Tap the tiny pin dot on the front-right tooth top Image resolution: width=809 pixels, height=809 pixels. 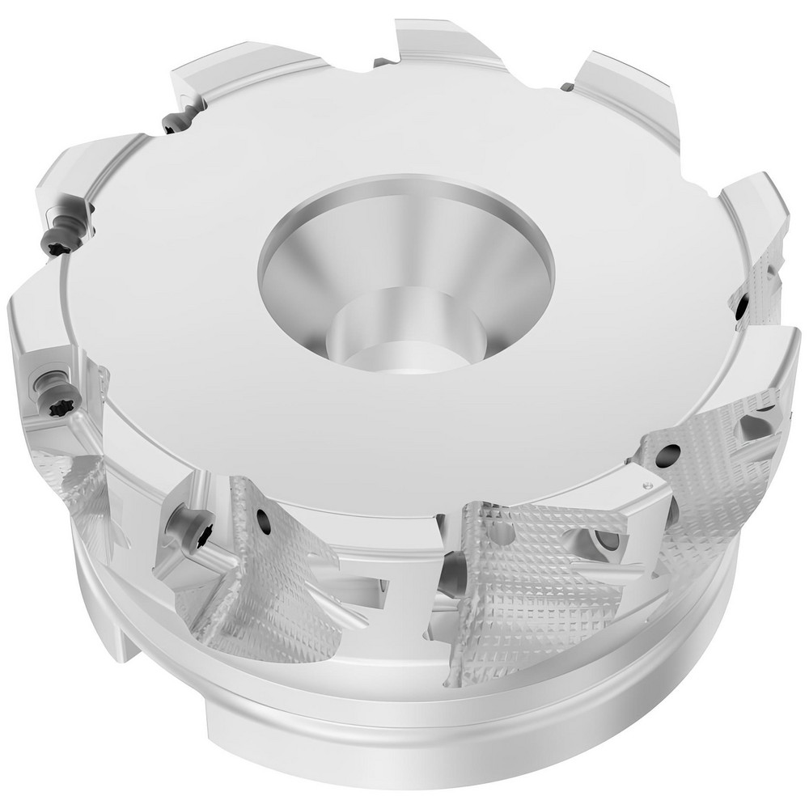pos(646,484)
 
